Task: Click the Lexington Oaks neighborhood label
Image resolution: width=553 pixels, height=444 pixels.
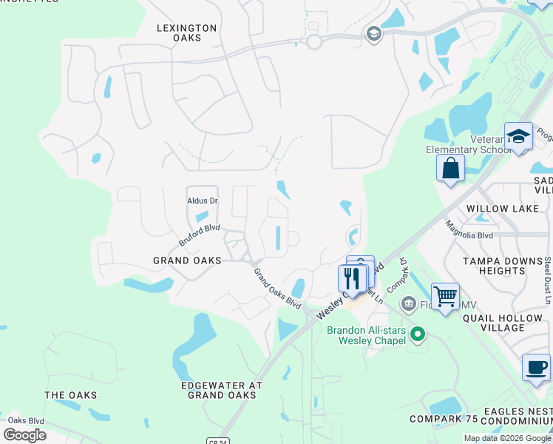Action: pos(186,33)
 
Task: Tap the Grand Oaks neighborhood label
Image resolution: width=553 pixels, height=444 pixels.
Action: pos(187,260)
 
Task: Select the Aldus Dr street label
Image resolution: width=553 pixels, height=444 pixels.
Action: pos(202,201)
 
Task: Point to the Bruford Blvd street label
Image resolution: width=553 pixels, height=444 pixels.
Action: pos(200,235)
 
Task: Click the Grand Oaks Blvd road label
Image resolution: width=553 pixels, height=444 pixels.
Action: pos(277,289)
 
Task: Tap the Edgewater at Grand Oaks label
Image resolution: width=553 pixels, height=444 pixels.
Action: pos(222,390)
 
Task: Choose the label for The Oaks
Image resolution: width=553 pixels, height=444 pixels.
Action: pos(70,395)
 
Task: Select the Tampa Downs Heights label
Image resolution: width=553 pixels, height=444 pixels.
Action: pos(493,266)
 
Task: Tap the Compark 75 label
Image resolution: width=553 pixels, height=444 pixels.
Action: pos(440,419)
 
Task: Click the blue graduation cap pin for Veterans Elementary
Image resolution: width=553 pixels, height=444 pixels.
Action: pos(518,136)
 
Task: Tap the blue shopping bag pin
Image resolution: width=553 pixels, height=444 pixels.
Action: pos(450,168)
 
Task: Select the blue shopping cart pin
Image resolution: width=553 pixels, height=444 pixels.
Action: pos(445,297)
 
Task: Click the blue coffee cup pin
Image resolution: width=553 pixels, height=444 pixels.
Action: pos(536,367)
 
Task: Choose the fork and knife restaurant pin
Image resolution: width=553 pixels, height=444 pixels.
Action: pos(352,278)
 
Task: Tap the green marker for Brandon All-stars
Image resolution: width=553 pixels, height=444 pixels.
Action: pos(418,334)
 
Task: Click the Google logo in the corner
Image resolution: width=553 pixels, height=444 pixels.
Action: pos(24,435)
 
